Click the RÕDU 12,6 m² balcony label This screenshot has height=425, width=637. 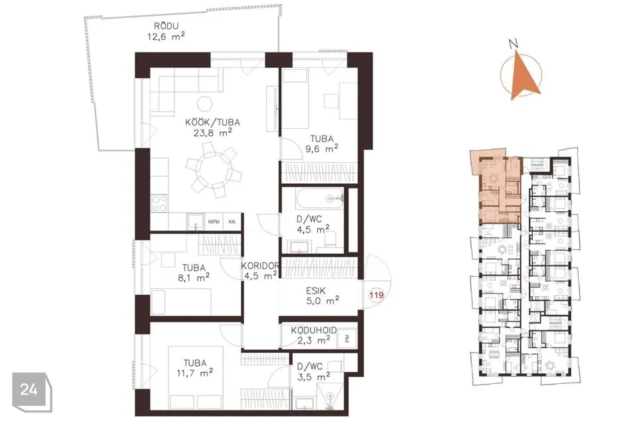click(x=166, y=31)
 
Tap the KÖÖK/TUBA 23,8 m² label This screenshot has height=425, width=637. click(x=212, y=127)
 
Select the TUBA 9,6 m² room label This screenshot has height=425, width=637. click(x=322, y=144)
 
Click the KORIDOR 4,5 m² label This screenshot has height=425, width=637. click(x=260, y=271)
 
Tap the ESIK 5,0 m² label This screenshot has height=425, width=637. click(x=322, y=296)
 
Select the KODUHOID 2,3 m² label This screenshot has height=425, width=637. click(x=314, y=335)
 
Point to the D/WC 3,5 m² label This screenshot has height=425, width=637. click(x=313, y=372)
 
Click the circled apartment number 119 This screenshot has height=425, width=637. click(x=376, y=295)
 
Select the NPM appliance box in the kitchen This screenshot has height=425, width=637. click(x=214, y=222)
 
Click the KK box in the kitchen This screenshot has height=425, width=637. click(x=232, y=222)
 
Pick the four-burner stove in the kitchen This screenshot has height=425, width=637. click(x=159, y=203)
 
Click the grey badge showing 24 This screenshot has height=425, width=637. click(x=32, y=392)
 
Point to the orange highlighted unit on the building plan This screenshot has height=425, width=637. click(x=496, y=187)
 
